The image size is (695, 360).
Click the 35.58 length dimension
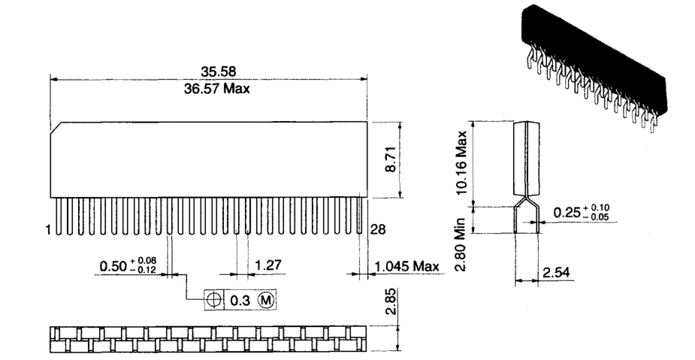pyautogui.click(x=218, y=71)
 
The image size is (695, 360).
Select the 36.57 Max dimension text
pyautogui.click(x=216, y=89)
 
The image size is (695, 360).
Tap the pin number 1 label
pyautogui.click(x=48, y=229)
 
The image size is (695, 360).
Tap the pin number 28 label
pyautogui.click(x=378, y=229)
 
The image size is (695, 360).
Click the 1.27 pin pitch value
pyautogui.click(x=268, y=265)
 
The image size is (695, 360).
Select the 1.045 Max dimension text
pyautogui.click(x=407, y=266)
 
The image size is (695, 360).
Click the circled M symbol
pyautogui.click(x=267, y=300)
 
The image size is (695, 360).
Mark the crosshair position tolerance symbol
pyautogui.click(x=215, y=300)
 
